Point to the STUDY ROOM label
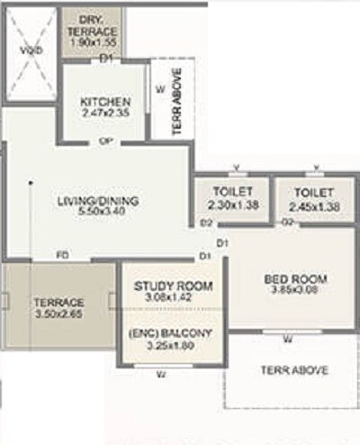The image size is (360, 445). pos(173,286)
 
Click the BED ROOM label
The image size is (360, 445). pos(295,277)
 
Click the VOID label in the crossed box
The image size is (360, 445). pos(30,54)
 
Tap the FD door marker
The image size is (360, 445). pos(62,255)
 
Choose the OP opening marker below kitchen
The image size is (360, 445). pos(105,142)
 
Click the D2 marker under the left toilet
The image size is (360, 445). pos(206,222)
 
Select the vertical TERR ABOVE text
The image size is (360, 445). pos(176,100)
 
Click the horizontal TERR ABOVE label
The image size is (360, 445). pos(294,370)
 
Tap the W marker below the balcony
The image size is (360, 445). pos(160,373)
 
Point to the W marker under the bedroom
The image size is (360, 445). pos(287,340)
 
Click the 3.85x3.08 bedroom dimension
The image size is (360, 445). pos(295,291)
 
